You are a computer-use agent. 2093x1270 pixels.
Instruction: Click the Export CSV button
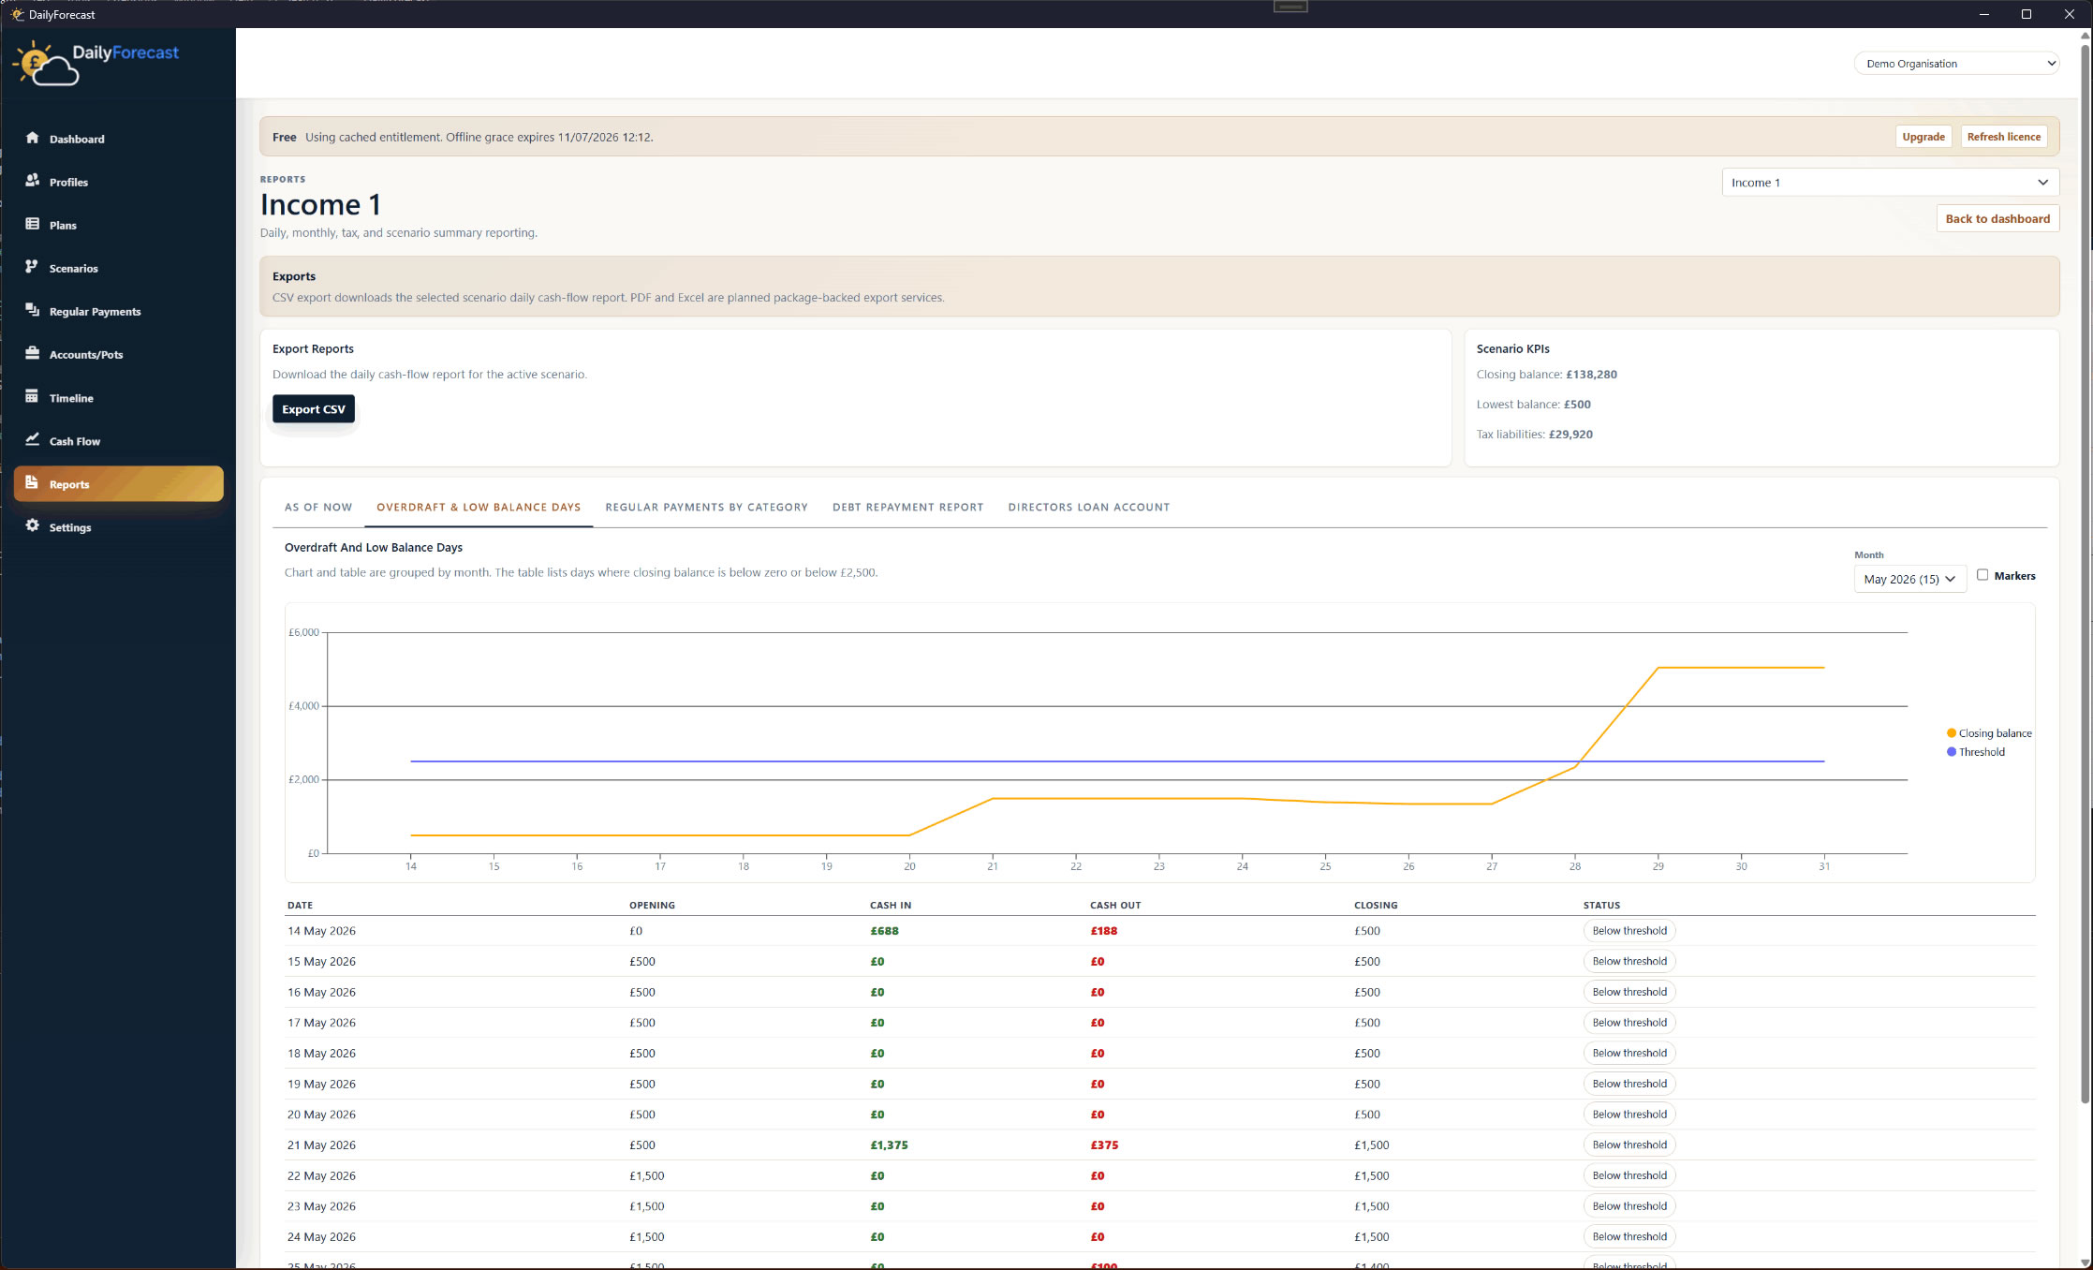tap(314, 409)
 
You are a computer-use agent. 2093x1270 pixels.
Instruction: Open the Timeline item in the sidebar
tap(71, 398)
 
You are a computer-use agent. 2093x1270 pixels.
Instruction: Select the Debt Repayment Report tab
tap(907, 508)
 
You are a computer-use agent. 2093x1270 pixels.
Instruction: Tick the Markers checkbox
tap(1982, 575)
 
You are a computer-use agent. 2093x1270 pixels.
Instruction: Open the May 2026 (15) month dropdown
tap(1909, 579)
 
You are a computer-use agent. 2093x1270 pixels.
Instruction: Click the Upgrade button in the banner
tap(1923, 137)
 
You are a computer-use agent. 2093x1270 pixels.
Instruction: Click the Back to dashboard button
tap(1997, 219)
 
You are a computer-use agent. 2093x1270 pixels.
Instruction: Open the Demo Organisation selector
tap(1956, 64)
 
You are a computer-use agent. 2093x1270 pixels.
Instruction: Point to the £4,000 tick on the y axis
tap(303, 706)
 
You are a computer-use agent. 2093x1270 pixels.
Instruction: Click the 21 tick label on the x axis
tap(993, 866)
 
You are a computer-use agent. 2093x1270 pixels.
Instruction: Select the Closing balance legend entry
tap(1989, 733)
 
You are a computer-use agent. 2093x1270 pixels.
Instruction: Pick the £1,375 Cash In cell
tap(889, 1145)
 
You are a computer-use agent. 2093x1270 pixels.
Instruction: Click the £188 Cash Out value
tap(1103, 931)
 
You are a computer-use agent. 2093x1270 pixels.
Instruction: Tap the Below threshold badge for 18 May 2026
tap(1629, 1054)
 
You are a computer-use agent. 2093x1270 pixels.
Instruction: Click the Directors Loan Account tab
tap(1088, 508)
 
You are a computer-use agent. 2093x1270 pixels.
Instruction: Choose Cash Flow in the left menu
tap(74, 441)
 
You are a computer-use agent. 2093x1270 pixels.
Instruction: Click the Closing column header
tap(1375, 906)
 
